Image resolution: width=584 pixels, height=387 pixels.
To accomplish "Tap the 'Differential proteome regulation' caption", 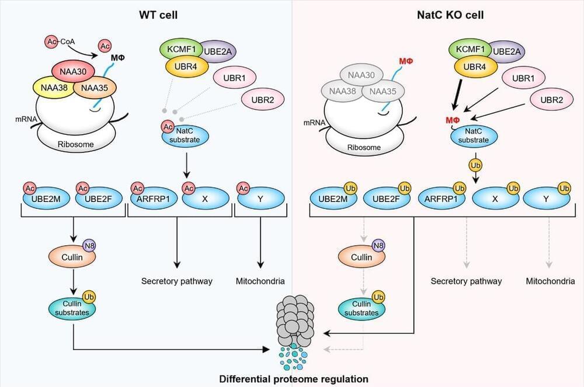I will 293,379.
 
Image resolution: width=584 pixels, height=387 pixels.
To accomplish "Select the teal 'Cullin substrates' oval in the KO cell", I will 362,308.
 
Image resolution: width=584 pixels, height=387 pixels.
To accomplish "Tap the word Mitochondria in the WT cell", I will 260,281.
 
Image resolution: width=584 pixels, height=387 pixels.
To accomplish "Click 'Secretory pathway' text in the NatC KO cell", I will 466,281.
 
